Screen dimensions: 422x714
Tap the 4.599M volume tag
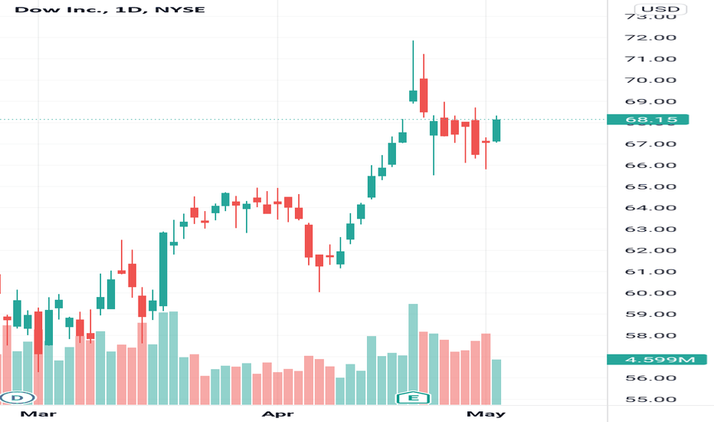pos(648,359)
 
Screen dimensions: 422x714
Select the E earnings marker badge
pos(413,397)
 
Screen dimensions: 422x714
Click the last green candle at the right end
pos(496,130)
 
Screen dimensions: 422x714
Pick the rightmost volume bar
pos(496,382)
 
